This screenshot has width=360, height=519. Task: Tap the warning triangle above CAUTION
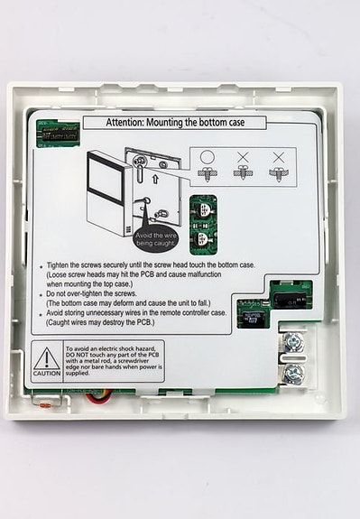[47, 357]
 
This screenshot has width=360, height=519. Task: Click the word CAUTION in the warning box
[47, 373]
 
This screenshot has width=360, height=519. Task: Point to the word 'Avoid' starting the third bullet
[57, 313]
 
